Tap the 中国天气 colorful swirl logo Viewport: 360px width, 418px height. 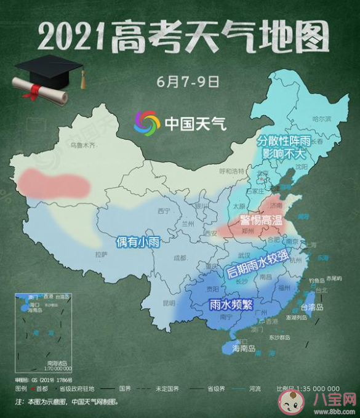pyautogui.click(x=147, y=123)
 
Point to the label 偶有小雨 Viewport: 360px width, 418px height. pyautogui.click(x=138, y=242)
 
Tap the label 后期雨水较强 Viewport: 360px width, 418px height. pyautogui.click(x=257, y=263)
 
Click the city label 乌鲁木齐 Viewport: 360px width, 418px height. pyautogui.click(x=84, y=146)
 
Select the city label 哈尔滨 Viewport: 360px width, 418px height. pyautogui.click(x=321, y=118)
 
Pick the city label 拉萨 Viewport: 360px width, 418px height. pyautogui.click(x=101, y=254)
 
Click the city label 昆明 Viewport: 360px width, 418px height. pyautogui.click(x=169, y=303)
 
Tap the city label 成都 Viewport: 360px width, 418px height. pyautogui.click(x=180, y=259)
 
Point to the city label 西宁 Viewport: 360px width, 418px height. pyautogui.click(x=164, y=211)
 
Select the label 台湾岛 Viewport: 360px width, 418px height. pyautogui.click(x=314, y=305)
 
